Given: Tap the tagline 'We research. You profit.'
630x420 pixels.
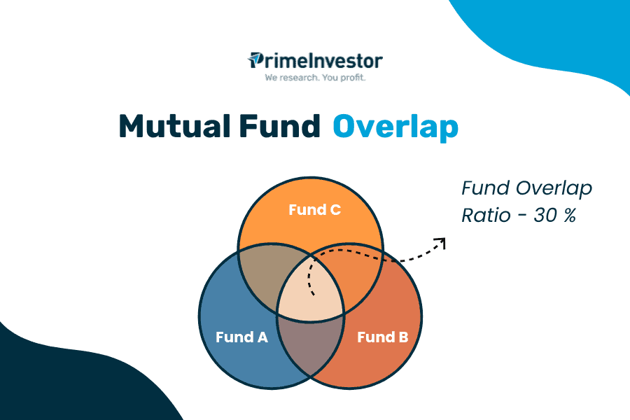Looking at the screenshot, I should [x=315, y=78].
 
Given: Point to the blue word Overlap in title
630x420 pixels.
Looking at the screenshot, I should [x=395, y=127].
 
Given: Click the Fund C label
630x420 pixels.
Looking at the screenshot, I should [x=314, y=209].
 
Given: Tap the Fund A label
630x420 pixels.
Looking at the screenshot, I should [x=241, y=337].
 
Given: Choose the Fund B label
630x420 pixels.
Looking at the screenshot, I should [x=382, y=337].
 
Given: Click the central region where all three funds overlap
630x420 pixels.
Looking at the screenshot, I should [x=311, y=290].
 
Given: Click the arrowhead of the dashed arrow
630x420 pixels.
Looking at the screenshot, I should [x=440, y=242].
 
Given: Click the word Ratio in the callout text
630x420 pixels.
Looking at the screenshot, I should [x=484, y=216].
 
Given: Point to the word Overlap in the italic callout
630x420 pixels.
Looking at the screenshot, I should [x=553, y=188].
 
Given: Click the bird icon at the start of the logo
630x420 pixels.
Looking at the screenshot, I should [x=255, y=60].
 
